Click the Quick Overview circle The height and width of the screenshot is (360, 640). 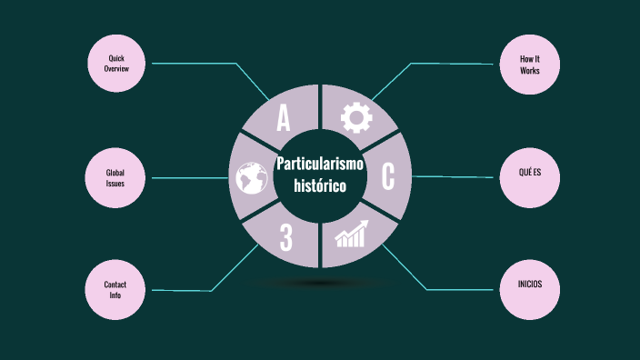[x=115, y=64]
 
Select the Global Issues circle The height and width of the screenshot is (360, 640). [x=115, y=177]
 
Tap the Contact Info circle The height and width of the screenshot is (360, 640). [x=115, y=290]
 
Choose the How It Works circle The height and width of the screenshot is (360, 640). [x=530, y=64]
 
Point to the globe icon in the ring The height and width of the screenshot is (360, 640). [x=249, y=178]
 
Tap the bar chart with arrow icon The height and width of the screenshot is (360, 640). [x=353, y=235]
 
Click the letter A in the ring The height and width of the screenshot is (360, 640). [x=284, y=118]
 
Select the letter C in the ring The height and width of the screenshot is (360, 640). [x=388, y=177]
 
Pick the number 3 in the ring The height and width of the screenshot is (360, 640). [x=285, y=238]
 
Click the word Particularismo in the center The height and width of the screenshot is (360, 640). [x=319, y=164]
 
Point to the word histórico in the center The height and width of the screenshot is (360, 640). [x=319, y=185]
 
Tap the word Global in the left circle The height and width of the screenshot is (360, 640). [x=115, y=172]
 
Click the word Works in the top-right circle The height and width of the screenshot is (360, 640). [x=530, y=70]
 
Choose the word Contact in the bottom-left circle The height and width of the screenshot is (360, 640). [x=115, y=285]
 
